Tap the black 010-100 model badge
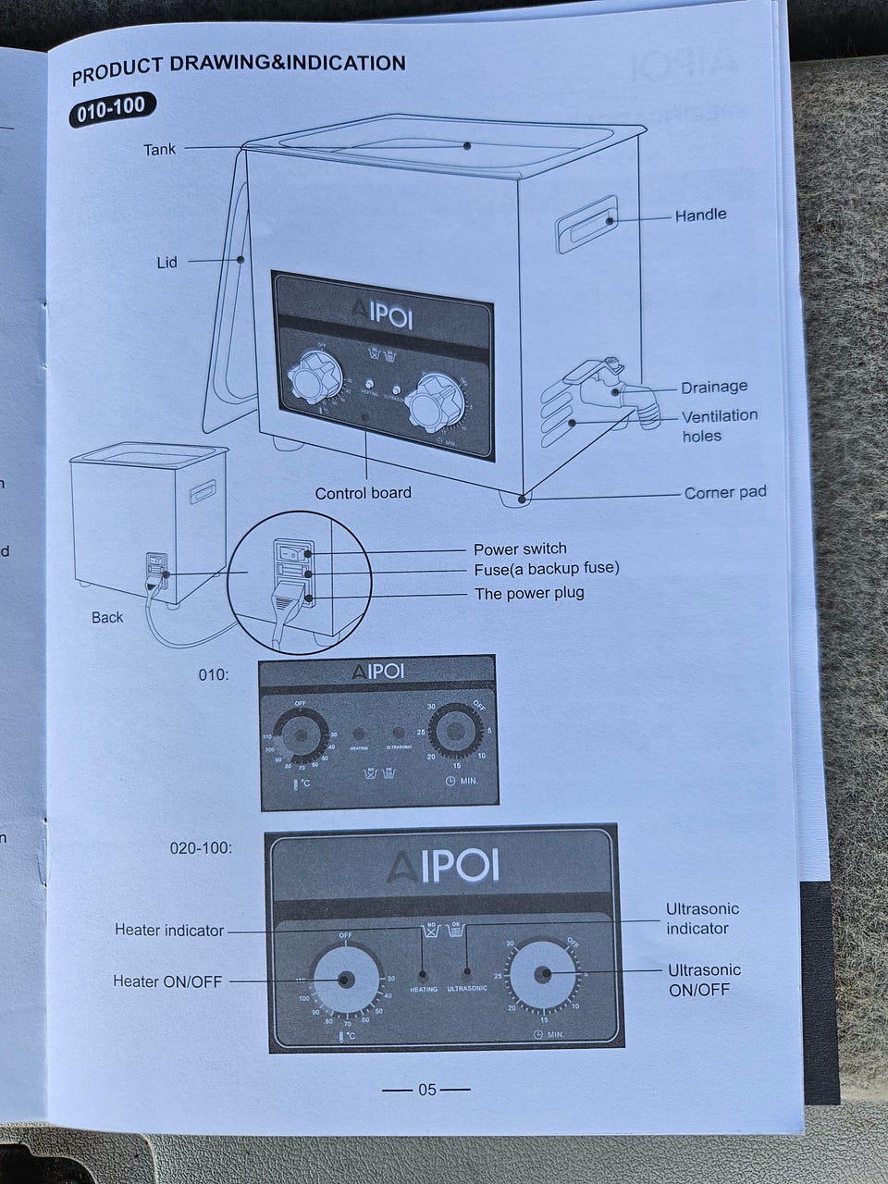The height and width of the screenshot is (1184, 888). tap(111, 108)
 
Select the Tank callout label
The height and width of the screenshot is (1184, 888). tap(159, 148)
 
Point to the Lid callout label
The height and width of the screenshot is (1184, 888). tap(166, 263)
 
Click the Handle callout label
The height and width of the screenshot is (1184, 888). tap(700, 215)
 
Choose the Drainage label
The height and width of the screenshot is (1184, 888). tap(714, 387)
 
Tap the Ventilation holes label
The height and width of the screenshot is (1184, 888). tap(719, 425)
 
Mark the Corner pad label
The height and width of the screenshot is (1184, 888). tap(725, 492)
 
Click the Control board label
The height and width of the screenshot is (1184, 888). tap(363, 493)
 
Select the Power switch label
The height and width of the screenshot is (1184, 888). tap(520, 549)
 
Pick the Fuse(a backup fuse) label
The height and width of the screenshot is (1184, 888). tap(547, 568)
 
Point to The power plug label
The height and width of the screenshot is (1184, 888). tap(529, 593)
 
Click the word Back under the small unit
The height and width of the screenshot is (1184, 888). tap(107, 617)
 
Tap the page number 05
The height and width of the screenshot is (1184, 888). tap(426, 1090)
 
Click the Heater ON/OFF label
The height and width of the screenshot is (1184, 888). tap(167, 981)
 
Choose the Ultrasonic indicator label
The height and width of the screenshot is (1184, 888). tap(702, 919)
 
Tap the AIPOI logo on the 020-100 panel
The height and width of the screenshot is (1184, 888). tap(442, 867)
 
